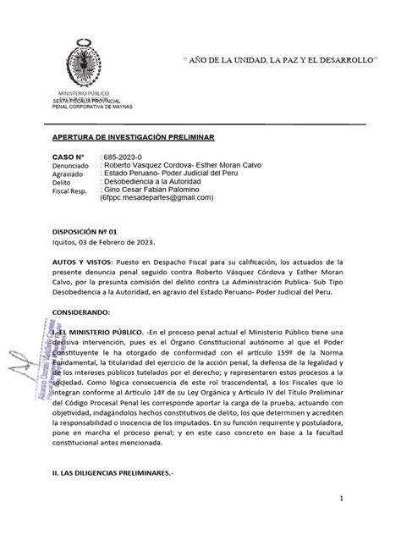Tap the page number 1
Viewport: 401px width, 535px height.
click(x=360, y=499)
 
